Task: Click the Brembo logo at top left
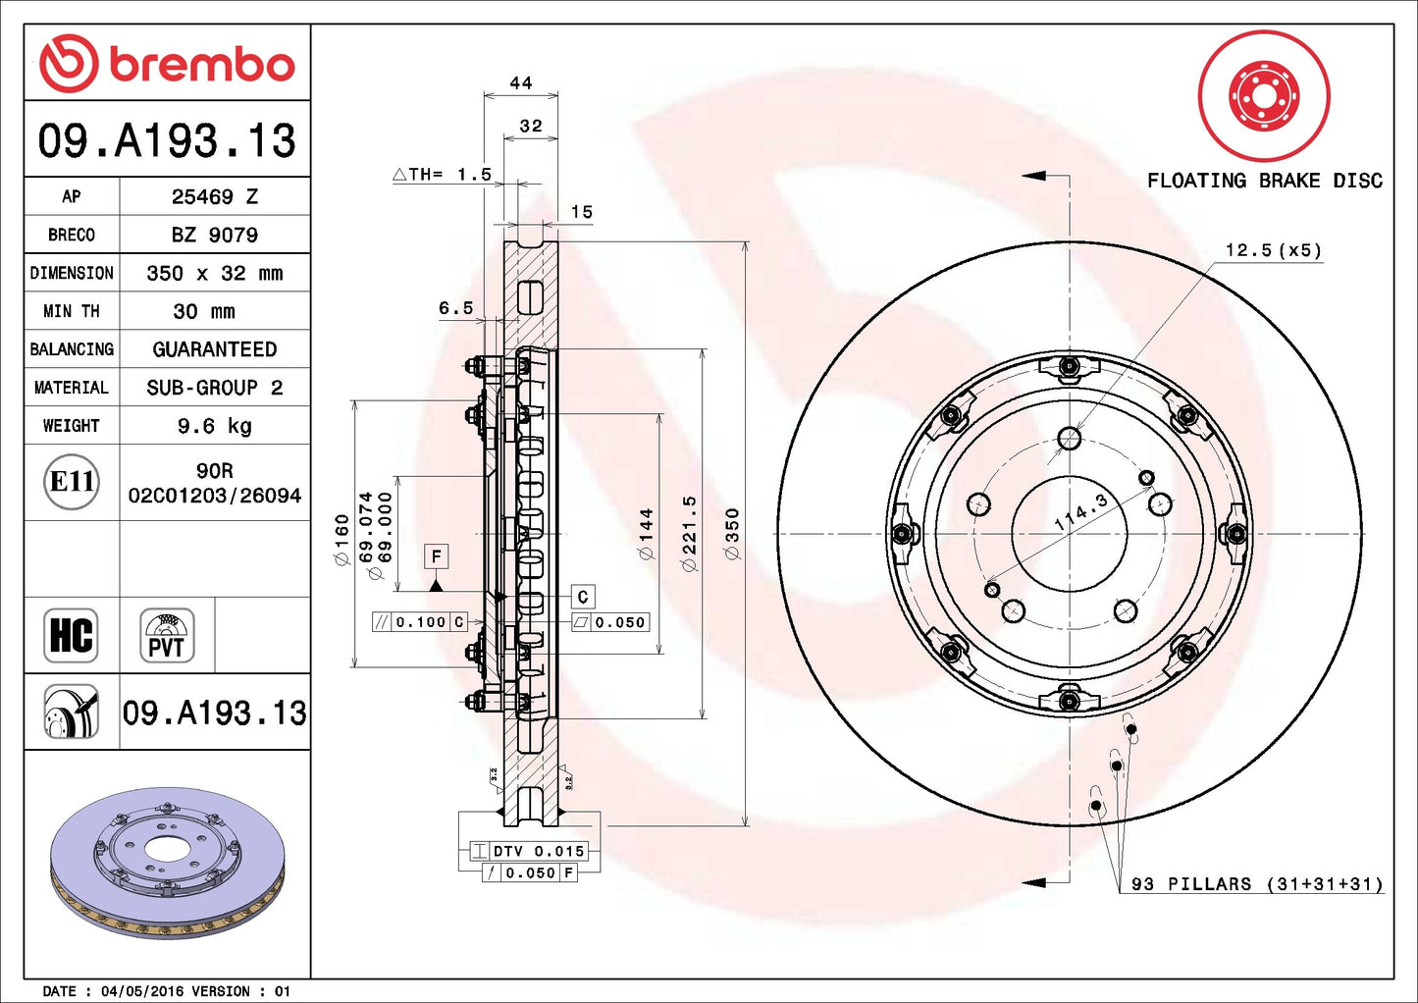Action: [x=167, y=64]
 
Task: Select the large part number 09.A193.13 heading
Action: [x=167, y=140]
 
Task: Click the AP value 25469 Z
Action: [x=214, y=196]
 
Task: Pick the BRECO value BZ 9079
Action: [x=214, y=235]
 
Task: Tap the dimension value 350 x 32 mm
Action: [x=214, y=273]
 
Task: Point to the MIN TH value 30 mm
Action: [x=204, y=311]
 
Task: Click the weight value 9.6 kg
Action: [x=214, y=426]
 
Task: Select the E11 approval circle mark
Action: [x=72, y=482]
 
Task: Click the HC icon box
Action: [x=71, y=635]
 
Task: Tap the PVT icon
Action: [x=167, y=635]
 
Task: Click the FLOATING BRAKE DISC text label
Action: [x=1264, y=181]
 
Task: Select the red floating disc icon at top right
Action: [x=1264, y=96]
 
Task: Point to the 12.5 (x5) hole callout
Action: [x=1273, y=250]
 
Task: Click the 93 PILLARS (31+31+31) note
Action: [x=1256, y=884]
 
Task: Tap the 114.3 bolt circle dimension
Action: [x=1080, y=511]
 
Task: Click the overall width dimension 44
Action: [x=521, y=83]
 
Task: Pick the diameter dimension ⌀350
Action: [x=731, y=534]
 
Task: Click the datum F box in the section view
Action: [x=437, y=556]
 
